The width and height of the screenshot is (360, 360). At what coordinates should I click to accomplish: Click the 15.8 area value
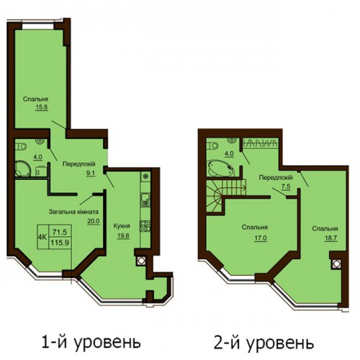pyautogui.click(x=42, y=107)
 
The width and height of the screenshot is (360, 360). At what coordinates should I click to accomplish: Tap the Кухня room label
pyautogui.click(x=122, y=226)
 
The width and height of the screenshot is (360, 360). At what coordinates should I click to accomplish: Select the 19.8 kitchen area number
pyautogui.click(x=123, y=236)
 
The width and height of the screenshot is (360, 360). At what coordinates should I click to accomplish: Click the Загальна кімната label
pyautogui.click(x=73, y=212)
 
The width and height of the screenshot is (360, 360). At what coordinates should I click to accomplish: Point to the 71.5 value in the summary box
pyautogui.click(x=60, y=232)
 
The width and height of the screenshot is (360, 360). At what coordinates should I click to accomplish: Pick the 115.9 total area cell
pyautogui.click(x=60, y=243)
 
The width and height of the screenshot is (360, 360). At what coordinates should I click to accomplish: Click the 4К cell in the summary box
pyautogui.click(x=42, y=237)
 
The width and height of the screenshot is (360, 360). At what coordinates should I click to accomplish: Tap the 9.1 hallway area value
pyautogui.click(x=91, y=174)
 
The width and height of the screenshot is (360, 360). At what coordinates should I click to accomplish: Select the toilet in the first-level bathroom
pyautogui.click(x=20, y=146)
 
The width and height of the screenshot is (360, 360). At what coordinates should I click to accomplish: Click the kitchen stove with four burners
pyautogui.click(x=145, y=226)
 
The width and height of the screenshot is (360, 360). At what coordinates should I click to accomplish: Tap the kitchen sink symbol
pyautogui.click(x=145, y=199)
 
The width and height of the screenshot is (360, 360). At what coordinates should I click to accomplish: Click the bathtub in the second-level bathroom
pyautogui.click(x=221, y=168)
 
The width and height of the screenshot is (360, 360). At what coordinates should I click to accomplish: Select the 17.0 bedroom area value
pyautogui.click(x=261, y=238)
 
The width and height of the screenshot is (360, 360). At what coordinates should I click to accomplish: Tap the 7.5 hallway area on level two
pyautogui.click(x=286, y=187)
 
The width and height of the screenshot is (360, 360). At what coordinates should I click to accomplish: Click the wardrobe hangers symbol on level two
pyautogui.click(x=260, y=143)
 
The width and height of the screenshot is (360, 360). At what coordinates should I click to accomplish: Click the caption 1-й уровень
pyautogui.click(x=91, y=342)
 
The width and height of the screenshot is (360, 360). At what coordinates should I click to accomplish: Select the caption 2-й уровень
pyautogui.click(x=264, y=343)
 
